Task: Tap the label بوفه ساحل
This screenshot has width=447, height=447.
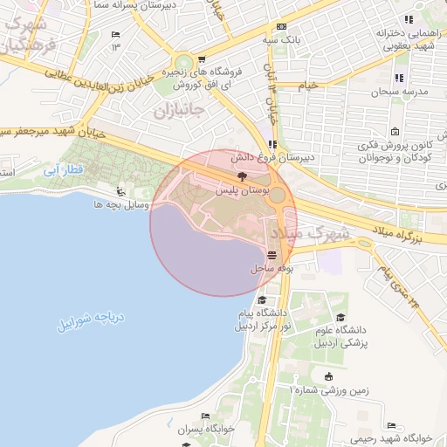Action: pyautogui.click(x=271, y=269)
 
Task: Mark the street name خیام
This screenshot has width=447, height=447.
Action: pyautogui.click(x=309, y=86)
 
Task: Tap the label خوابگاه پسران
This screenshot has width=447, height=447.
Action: pyautogui.click(x=203, y=430)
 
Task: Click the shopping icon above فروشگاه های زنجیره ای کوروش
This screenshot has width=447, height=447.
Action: pyautogui.click(x=202, y=59)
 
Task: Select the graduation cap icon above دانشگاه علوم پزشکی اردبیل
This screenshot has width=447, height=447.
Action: pyautogui.click(x=340, y=317)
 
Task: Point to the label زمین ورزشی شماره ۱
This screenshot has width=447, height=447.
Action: pyautogui.click(x=329, y=392)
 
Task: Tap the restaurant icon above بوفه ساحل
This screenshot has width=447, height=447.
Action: pyautogui.click(x=272, y=255)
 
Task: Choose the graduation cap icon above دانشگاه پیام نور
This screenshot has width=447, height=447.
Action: pyautogui.click(x=262, y=299)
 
